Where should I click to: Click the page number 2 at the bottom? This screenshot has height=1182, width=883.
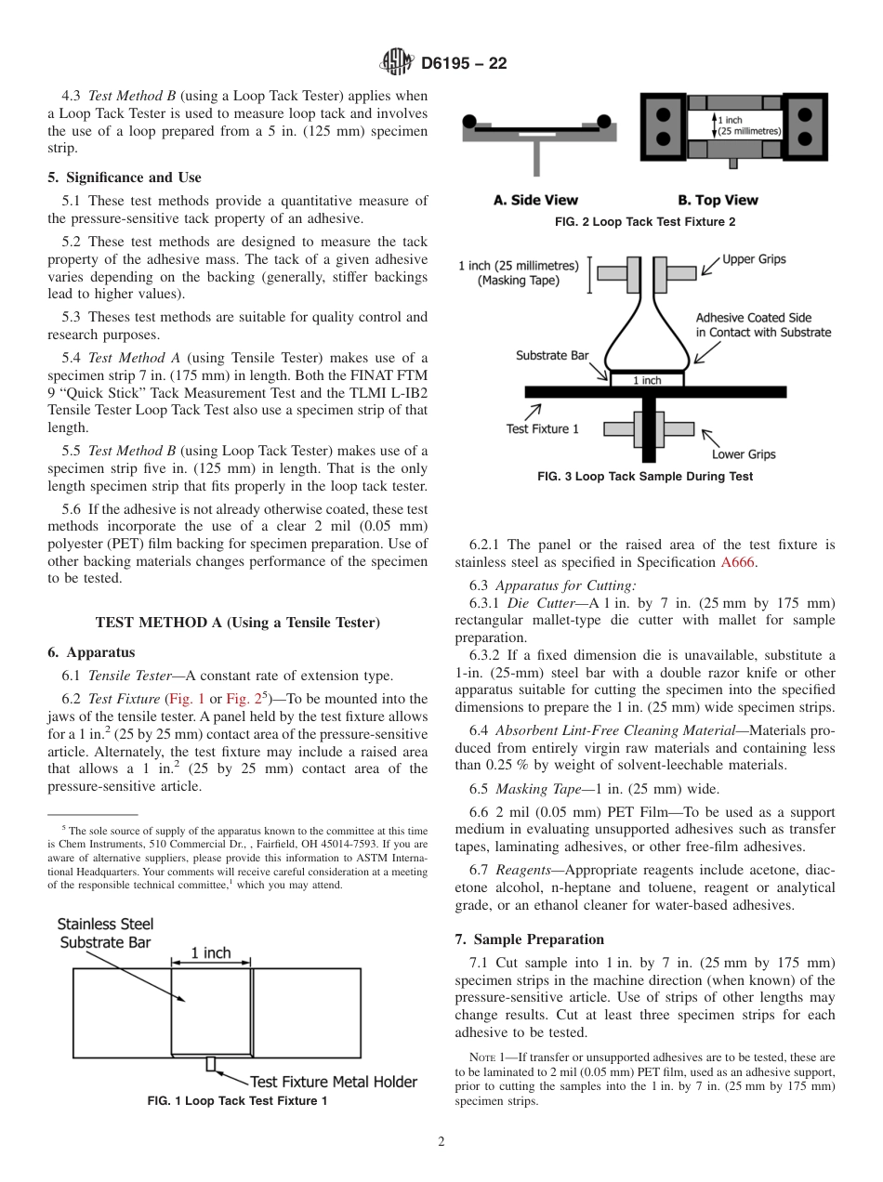pyautogui.click(x=441, y=1142)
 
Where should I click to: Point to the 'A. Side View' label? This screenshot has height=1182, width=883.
pyautogui.click(x=535, y=200)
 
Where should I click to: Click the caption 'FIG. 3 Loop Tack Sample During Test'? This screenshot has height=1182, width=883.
pyautogui.click(x=645, y=477)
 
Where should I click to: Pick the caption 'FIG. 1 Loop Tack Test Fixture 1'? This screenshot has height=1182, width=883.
pyautogui.click(x=238, y=1101)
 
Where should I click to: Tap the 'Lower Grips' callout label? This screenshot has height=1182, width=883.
pyautogui.click(x=744, y=454)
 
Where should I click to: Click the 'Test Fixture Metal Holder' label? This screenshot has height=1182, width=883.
pyautogui.click(x=334, y=1082)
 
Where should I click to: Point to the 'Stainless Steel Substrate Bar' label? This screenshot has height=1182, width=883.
pyautogui.click(x=106, y=933)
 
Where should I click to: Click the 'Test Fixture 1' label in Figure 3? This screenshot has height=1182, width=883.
pyautogui.click(x=542, y=428)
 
